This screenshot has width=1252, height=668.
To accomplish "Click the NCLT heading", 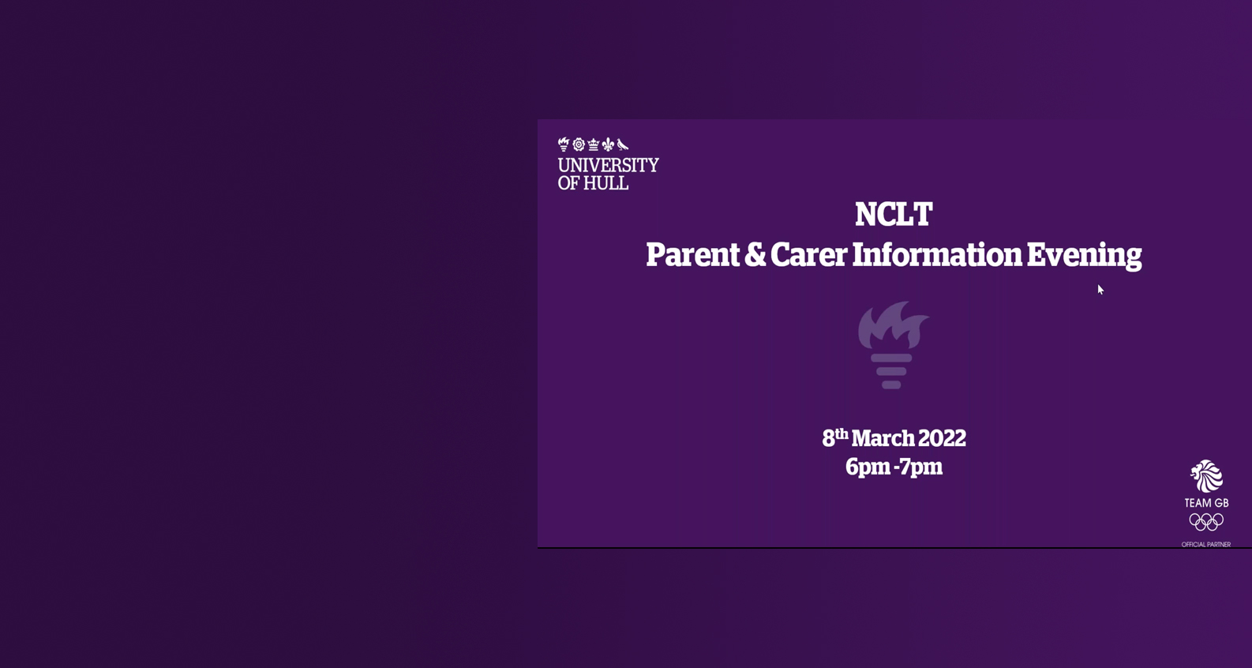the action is click(x=893, y=214).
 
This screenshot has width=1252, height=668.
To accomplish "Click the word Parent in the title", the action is click(x=692, y=255).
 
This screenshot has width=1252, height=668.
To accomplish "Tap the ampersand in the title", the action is click(x=755, y=255).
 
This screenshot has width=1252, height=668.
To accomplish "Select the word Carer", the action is click(x=809, y=255).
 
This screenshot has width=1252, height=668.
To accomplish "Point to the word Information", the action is click(x=937, y=255).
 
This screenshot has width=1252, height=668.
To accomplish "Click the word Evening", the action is click(x=1085, y=256).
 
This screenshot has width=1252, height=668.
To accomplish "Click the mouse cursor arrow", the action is click(x=1100, y=290).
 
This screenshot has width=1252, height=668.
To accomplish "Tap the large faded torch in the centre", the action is click(x=893, y=345).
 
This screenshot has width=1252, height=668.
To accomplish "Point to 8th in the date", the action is click(x=835, y=437).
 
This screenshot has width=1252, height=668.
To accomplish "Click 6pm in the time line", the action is click(x=868, y=467).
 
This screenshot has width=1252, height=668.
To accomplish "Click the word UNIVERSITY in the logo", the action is click(x=608, y=166).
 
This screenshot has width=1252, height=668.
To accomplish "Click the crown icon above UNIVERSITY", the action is click(x=593, y=144).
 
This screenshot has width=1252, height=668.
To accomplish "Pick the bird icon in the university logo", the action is click(x=623, y=144).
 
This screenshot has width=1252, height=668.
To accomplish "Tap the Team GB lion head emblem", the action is click(x=1206, y=475).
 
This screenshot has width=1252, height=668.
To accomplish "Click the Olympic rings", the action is click(x=1206, y=522).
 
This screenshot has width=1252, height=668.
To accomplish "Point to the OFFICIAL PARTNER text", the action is click(x=1206, y=545).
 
